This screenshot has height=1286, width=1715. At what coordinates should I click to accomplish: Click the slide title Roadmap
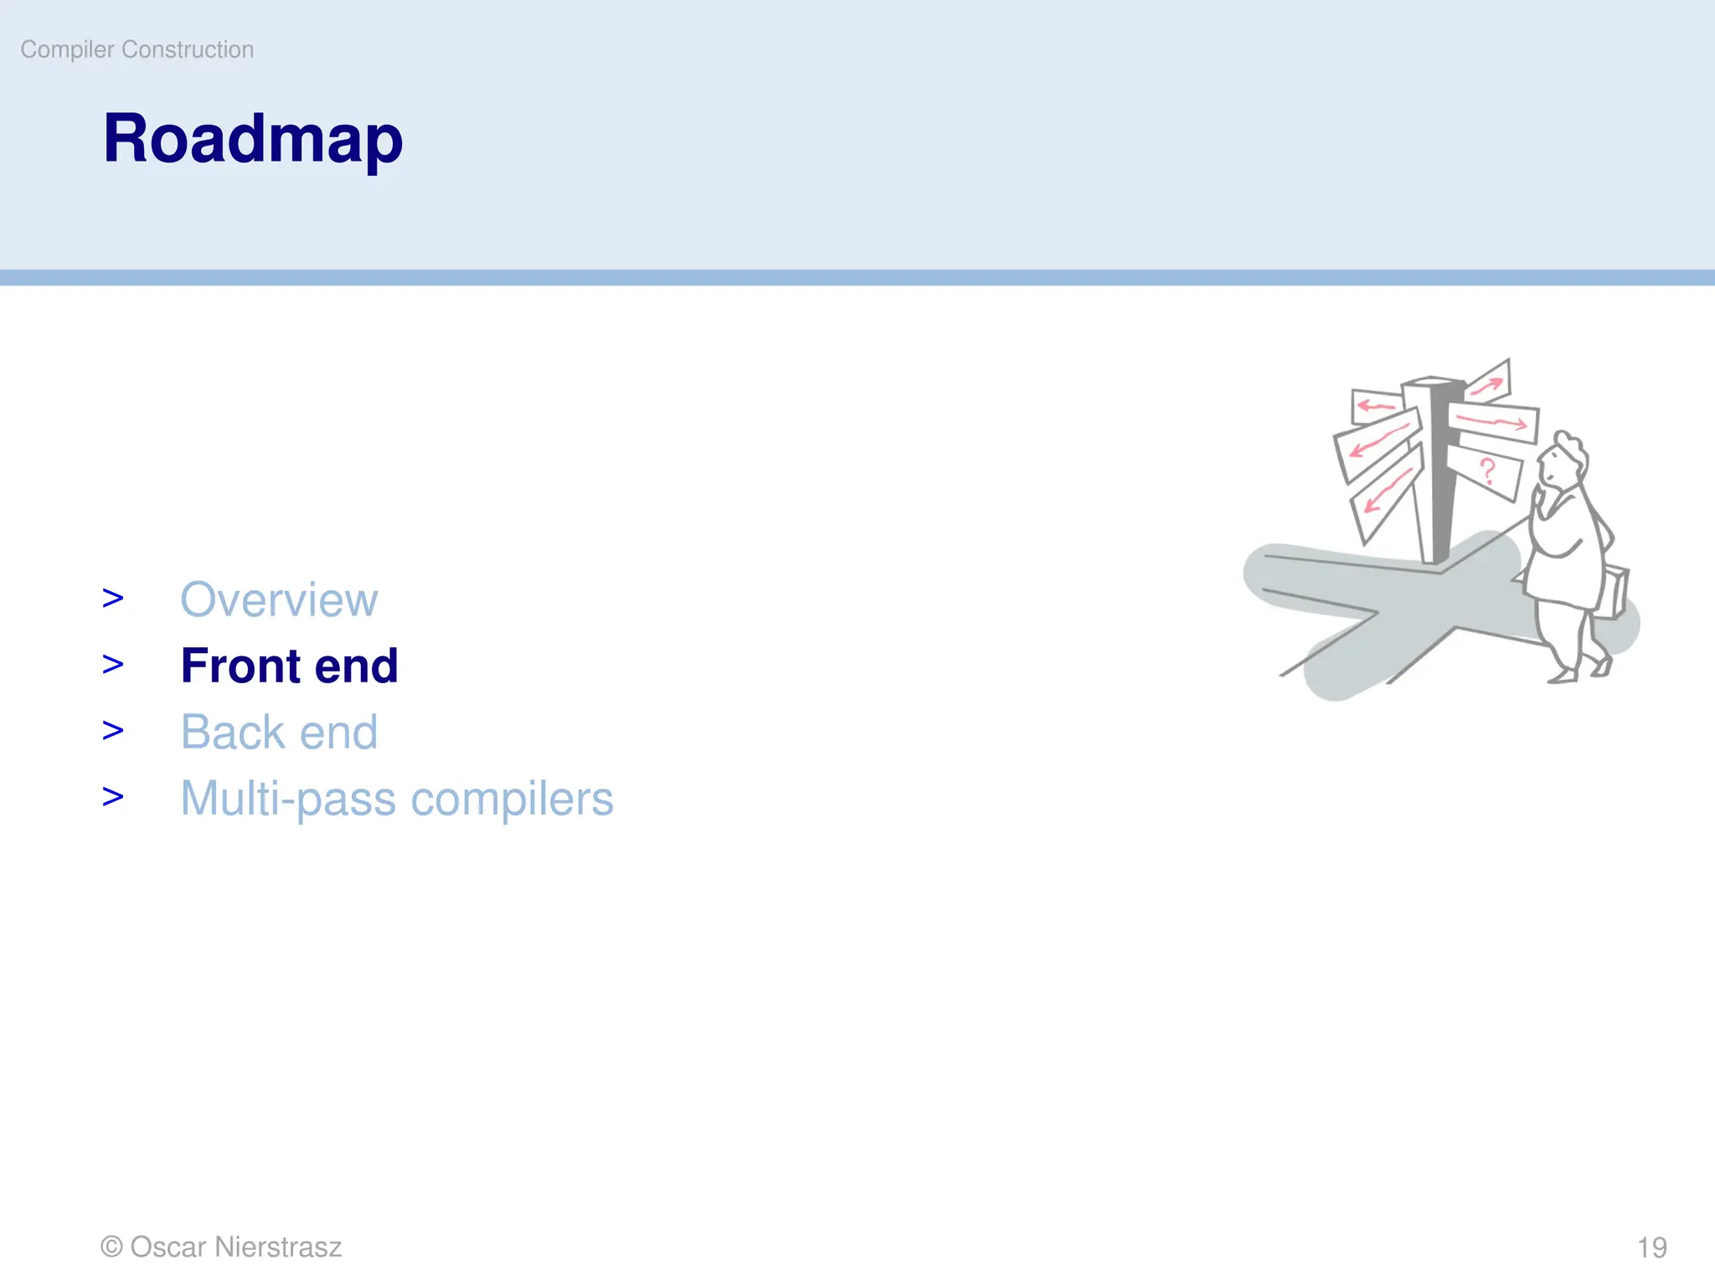[252, 140]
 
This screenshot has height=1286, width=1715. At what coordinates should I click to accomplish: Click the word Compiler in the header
[67, 50]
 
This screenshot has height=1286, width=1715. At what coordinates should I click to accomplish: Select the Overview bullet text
[279, 599]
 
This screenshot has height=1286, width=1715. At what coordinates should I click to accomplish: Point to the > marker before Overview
[113, 599]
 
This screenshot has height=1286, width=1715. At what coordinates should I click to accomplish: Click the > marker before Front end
[113, 665]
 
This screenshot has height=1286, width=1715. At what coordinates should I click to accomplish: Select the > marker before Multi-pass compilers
[113, 797]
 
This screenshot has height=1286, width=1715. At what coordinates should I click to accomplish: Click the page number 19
[1651, 1247]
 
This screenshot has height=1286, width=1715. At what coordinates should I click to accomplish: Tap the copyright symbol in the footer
[111, 1247]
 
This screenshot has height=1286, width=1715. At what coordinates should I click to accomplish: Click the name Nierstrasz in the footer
[278, 1247]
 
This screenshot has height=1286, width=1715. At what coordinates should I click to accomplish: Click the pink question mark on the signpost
[1487, 471]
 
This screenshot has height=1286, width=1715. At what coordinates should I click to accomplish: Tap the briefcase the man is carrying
[1615, 593]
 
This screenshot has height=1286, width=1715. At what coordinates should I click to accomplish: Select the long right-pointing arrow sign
[1493, 421]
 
